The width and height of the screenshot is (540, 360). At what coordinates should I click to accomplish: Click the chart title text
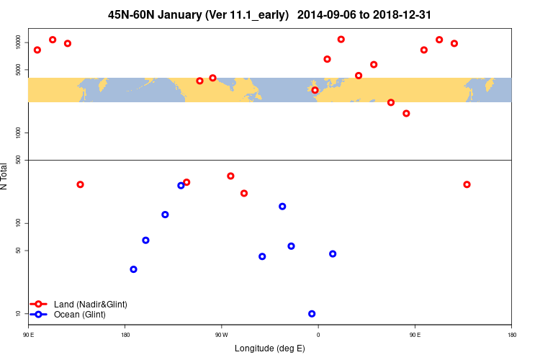pos(270,14)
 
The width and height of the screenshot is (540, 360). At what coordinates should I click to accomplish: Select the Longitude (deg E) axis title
pos(270,348)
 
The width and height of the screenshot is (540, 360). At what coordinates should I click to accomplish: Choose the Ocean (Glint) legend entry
pos(79,315)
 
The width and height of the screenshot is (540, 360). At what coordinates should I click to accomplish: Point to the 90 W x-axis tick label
pos(221,334)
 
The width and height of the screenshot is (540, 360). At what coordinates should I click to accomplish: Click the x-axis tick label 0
pos(318,334)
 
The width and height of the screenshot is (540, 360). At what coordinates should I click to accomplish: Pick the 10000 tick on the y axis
pos(19,42)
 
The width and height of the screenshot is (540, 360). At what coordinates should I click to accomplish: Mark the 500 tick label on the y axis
pos(19,160)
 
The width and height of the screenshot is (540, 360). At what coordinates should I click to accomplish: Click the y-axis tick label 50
pos(19,251)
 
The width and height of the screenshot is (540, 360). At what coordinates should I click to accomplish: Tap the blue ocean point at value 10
pos(312,314)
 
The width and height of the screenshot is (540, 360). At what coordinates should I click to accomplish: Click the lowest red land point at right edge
pos(467,184)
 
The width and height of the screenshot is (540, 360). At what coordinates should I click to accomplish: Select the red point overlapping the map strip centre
pos(315,90)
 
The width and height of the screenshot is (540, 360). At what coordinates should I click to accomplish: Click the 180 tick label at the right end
pos(511,334)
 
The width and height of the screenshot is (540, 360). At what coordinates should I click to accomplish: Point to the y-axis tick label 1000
pos(19,133)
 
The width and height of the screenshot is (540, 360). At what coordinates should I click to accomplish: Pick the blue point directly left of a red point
pos(181,186)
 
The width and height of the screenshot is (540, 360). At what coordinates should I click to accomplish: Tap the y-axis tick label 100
pos(19,223)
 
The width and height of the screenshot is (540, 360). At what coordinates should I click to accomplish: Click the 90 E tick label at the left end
pos(28,334)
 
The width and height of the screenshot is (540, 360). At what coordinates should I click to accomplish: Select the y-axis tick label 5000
pos(19,70)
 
